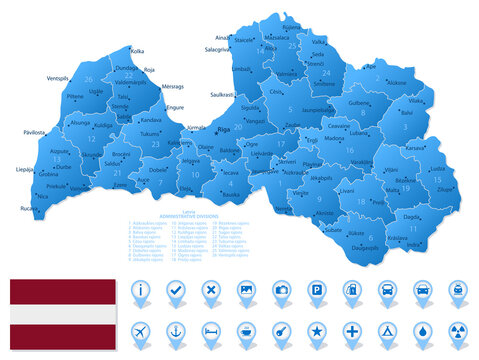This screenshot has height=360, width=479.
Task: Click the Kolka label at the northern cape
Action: click(138, 50)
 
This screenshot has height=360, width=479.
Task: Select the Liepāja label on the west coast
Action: click(26, 170)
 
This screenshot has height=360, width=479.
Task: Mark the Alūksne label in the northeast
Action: click(397, 83)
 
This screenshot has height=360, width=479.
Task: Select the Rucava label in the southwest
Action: click(28, 208)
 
